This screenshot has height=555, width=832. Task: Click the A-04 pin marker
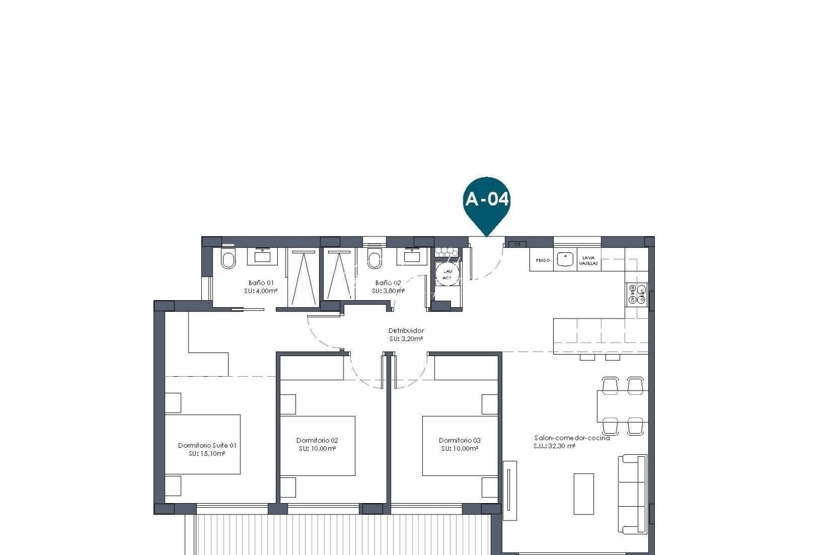point(486,199)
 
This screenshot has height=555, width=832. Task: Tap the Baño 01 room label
point(261,283)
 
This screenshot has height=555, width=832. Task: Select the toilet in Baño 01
point(227,260)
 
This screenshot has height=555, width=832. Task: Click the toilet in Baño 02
point(375,260)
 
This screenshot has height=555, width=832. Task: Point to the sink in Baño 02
point(411,256)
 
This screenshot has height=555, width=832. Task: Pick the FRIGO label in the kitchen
point(542,261)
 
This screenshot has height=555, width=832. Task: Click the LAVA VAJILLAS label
point(588,261)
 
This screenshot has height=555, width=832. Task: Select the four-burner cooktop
point(637,294)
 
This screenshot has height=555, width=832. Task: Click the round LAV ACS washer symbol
point(447,274)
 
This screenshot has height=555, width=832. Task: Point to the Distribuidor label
point(406,330)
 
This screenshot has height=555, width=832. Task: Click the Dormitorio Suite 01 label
point(207,446)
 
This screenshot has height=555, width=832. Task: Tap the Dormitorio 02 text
point(317,440)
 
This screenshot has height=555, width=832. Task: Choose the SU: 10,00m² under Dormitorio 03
point(460,449)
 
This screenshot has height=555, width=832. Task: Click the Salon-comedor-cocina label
point(572,438)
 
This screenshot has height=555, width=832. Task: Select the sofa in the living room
point(632,494)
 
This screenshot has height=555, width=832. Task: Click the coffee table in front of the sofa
point(583,494)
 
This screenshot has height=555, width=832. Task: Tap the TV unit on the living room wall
point(510,491)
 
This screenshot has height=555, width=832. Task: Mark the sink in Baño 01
point(262,256)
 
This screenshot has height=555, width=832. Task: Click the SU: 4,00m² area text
point(261,291)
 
